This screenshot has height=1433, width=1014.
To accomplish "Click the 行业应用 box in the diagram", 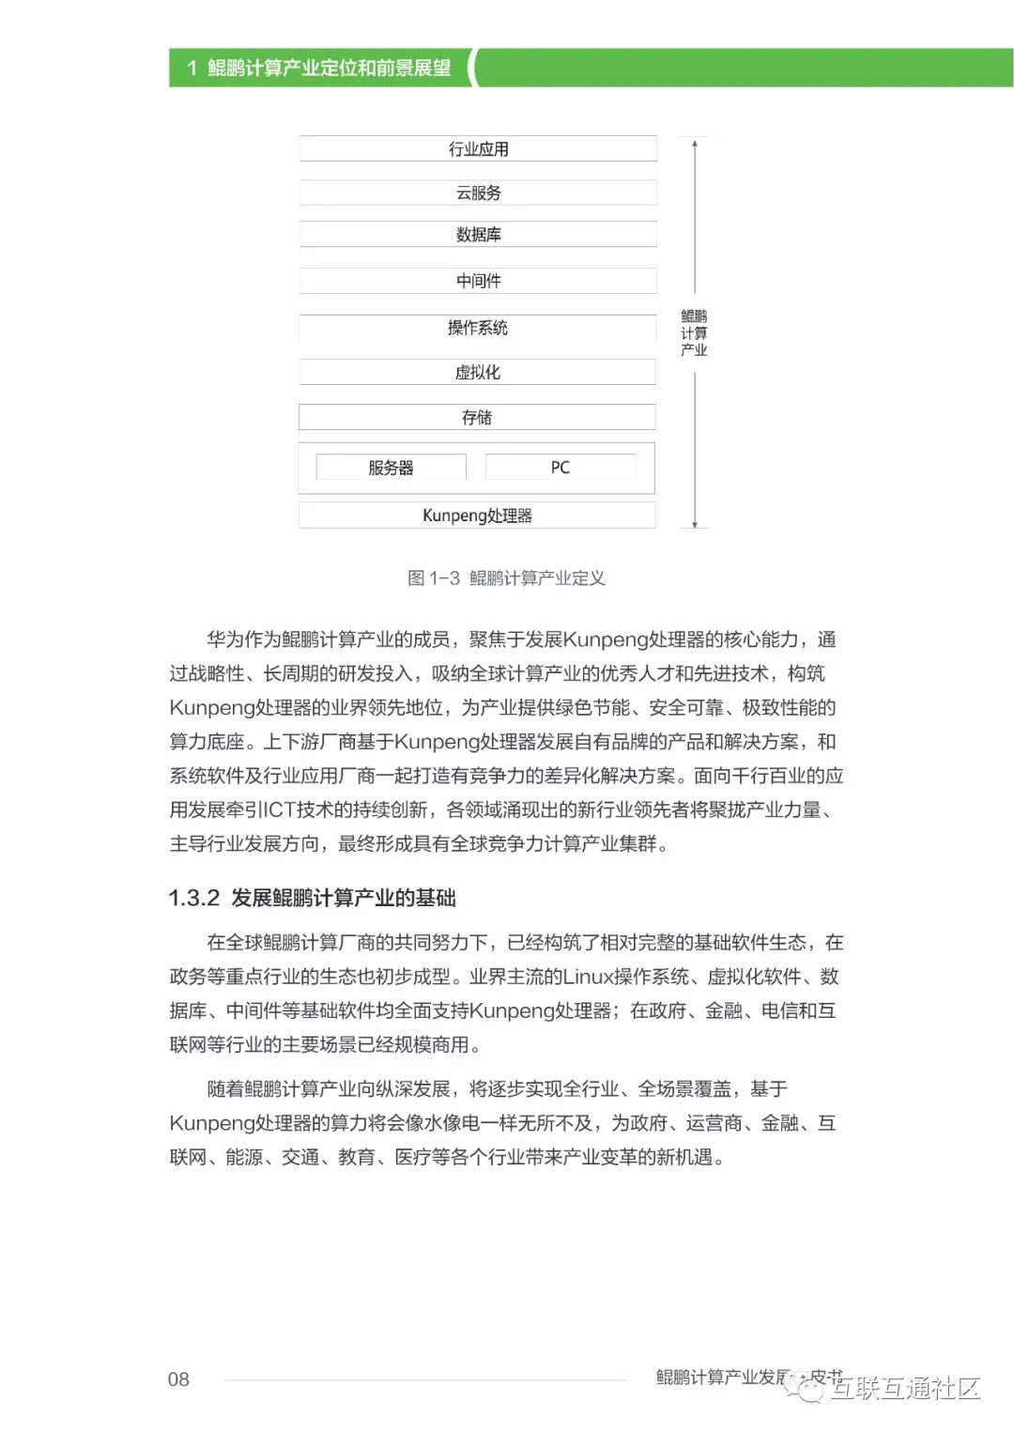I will [478, 149].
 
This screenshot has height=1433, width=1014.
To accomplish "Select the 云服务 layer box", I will [478, 193].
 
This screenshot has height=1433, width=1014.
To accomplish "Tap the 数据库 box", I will [478, 235].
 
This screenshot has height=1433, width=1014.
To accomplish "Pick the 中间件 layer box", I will [478, 281].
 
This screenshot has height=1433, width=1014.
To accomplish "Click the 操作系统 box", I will [478, 328].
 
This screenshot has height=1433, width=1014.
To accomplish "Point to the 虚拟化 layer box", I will [478, 373].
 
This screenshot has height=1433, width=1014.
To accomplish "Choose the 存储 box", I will [477, 418].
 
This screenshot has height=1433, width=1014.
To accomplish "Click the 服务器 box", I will [391, 468].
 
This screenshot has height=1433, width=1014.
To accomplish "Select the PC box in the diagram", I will [561, 468].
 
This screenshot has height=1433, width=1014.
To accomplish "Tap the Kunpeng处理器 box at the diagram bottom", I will [477, 516].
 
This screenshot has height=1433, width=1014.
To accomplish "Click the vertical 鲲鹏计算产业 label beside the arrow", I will [694, 333].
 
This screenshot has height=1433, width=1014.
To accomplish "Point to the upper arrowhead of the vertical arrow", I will [695, 144].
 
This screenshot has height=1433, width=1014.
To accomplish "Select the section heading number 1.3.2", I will [193, 899].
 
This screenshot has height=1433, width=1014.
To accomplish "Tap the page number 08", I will [178, 1379].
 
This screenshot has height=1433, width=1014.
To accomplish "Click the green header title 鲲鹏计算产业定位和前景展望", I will [329, 69].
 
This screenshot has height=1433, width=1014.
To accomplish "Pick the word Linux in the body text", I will [588, 978].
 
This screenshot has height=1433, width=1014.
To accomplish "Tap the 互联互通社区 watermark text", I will [905, 1388].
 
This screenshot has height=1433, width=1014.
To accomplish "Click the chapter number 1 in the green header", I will [192, 69].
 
